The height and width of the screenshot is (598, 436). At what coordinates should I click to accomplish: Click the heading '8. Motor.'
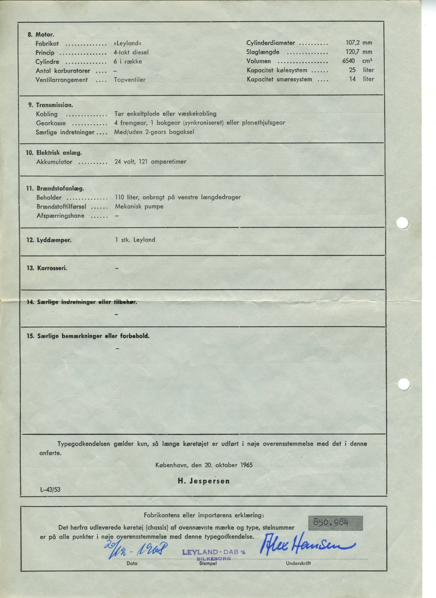[x=41, y=34]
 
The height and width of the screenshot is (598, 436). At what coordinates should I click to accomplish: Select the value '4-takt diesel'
[x=131, y=52]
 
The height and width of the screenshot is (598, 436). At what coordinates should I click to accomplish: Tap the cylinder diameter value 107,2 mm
[x=358, y=43]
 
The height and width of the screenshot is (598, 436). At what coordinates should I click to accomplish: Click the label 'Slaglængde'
[x=263, y=52]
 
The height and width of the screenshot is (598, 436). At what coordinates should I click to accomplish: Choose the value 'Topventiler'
[x=130, y=79]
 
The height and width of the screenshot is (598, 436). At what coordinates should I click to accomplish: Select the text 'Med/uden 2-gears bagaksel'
[x=154, y=132]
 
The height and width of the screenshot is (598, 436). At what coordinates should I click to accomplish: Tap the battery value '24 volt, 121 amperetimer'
[x=150, y=162]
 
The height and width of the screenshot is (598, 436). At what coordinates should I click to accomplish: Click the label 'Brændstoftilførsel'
[x=61, y=207]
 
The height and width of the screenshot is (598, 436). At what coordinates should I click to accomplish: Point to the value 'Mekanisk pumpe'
[x=139, y=207]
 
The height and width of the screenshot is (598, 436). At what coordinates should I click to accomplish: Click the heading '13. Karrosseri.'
[x=47, y=268]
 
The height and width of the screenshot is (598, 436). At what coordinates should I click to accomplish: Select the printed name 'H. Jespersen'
[x=203, y=481]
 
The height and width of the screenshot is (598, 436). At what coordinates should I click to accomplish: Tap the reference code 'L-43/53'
[x=50, y=490]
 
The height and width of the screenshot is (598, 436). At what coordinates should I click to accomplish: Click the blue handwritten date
[x=130, y=549]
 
